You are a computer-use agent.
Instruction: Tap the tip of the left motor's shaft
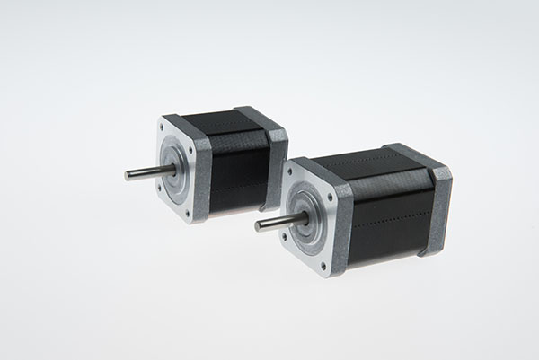pyautogui.click(x=128, y=175)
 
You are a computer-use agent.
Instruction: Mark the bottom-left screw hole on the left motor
pyautogui.click(x=161, y=190)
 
